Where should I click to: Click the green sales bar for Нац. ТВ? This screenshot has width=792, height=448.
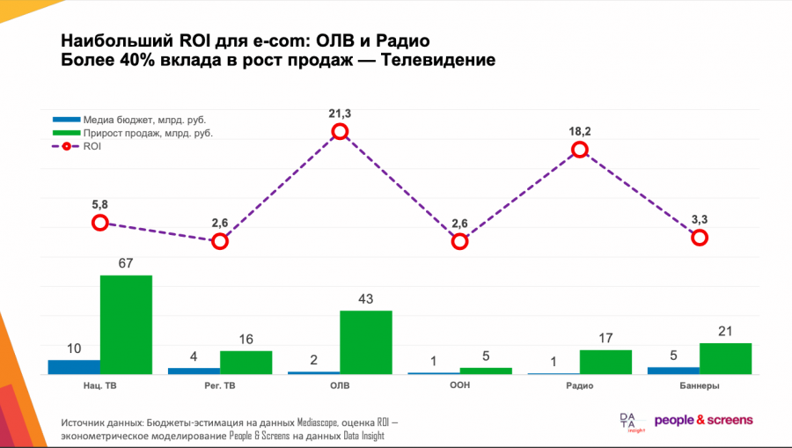(126, 325)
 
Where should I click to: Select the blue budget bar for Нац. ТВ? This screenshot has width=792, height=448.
(74, 367)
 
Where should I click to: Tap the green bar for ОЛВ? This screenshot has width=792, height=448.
(366, 342)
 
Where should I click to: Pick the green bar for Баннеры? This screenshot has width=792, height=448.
(725, 358)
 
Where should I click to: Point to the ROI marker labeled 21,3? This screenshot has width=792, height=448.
(341, 132)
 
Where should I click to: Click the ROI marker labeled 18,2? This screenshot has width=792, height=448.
(580, 150)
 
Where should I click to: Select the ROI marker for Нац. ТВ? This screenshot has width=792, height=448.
(100, 223)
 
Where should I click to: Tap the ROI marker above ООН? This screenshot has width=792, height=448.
(460, 241)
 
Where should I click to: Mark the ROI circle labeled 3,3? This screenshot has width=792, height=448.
(700, 238)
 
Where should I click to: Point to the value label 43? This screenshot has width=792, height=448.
(366, 299)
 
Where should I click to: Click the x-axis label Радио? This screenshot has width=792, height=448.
(580, 386)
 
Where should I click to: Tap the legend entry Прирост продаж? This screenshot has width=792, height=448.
(148, 133)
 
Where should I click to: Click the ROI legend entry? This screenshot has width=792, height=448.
(92, 146)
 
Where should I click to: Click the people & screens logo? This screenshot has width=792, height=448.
(703, 420)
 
